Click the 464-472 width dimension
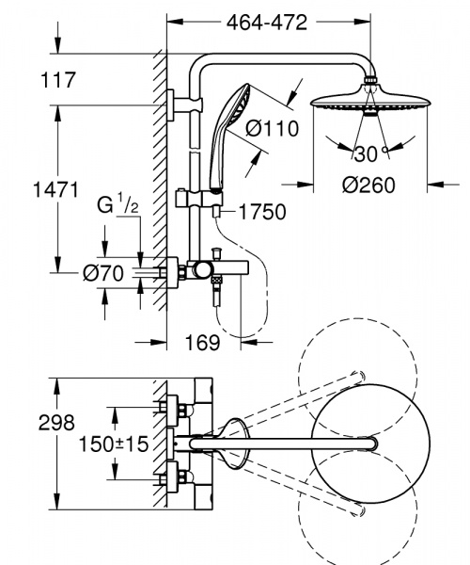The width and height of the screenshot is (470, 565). pos(264,24)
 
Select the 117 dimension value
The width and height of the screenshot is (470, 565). pos(58,82)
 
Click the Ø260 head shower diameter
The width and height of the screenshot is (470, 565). pos(369,186)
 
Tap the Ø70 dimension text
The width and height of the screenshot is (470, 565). pos(102,273)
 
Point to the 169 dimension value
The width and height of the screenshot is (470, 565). pos(204,343)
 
